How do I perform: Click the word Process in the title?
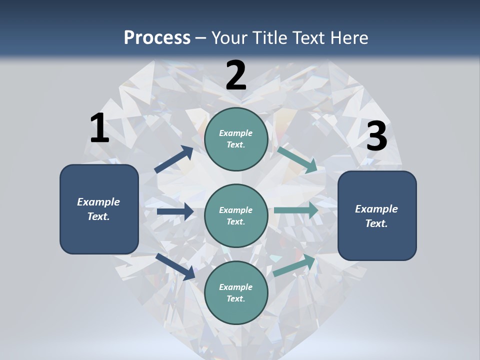tap(157, 37)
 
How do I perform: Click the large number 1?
tap(99, 128)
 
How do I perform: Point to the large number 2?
tap(236, 75)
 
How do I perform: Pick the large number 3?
tap(376, 136)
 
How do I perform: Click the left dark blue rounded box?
tap(99, 209)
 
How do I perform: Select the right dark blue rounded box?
tap(377, 215)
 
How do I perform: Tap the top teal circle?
tap(236, 139)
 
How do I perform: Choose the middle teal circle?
tap(236, 215)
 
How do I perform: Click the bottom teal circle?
tap(236, 292)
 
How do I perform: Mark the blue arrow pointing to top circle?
tap(174, 159)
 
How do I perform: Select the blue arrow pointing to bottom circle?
tap(175, 266)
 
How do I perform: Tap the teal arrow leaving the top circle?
tap(297, 159)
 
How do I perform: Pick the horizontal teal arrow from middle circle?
tap(295, 210)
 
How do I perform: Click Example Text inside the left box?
tap(98, 209)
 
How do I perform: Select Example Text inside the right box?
tap(376, 216)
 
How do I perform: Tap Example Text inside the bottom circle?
tap(236, 292)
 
